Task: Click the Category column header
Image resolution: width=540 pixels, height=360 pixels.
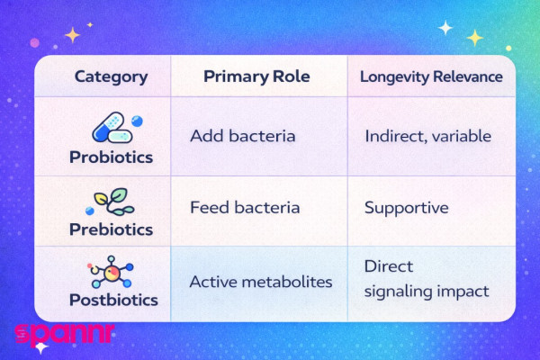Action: pyautogui.click(x=111, y=77)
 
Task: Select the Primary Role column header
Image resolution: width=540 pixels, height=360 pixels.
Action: pyautogui.click(x=256, y=77)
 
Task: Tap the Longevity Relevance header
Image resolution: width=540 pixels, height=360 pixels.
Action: pyautogui.click(x=431, y=77)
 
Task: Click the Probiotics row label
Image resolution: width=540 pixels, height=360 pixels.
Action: pyautogui.click(x=111, y=157)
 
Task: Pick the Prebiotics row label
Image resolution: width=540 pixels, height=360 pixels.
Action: pyautogui.click(x=111, y=229)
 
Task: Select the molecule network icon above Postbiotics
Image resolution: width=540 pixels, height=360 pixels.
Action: pyautogui.click(x=112, y=270)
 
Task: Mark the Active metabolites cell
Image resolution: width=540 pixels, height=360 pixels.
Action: pyautogui.click(x=260, y=282)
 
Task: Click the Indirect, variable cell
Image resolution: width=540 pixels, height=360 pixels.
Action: pyautogui.click(x=427, y=137)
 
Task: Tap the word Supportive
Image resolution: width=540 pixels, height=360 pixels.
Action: pyautogui.click(x=406, y=208)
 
